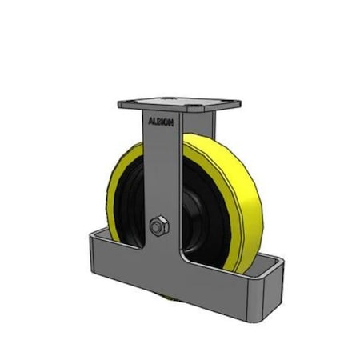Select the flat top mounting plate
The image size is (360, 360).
point(180,104)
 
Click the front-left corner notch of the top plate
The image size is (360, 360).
point(120,104)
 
